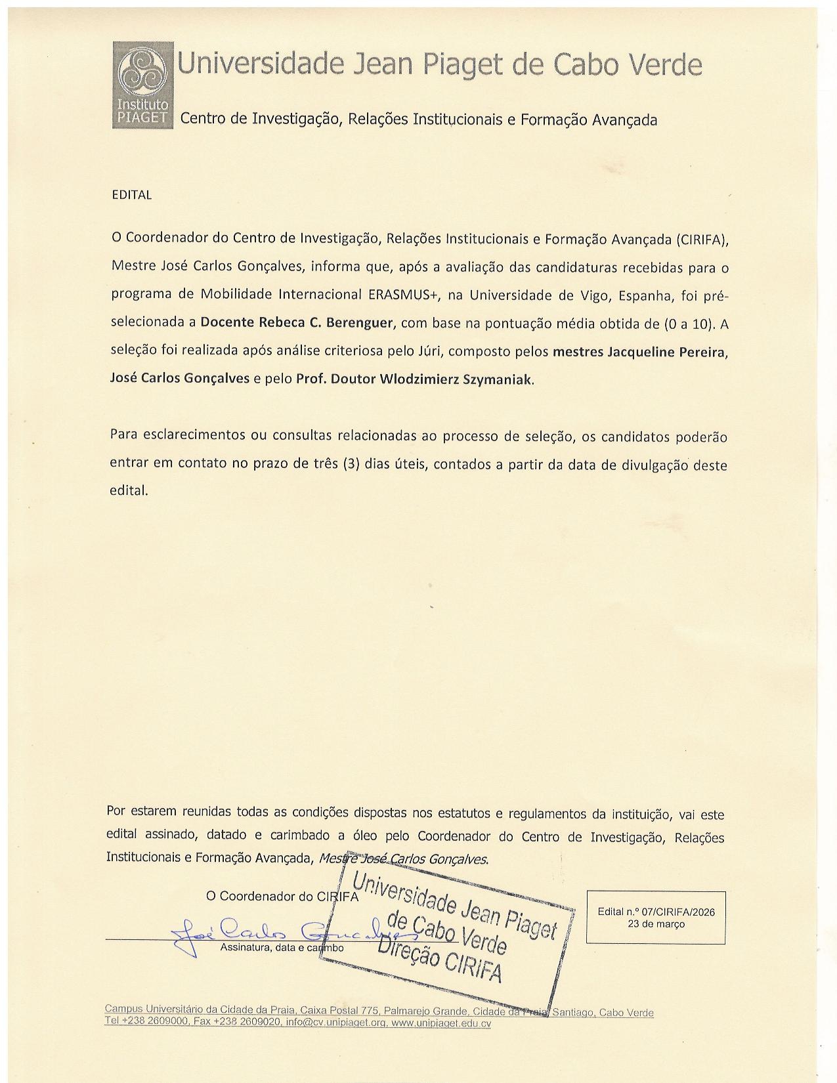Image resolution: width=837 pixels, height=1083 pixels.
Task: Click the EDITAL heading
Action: pos(132,195)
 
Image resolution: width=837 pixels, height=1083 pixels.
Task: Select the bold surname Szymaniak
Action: pos(499,379)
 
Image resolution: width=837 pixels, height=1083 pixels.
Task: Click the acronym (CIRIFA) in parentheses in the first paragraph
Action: pos(702,239)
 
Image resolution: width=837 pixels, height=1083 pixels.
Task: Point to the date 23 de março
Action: pos(656,924)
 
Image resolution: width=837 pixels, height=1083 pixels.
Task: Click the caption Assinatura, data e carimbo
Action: pos(282,948)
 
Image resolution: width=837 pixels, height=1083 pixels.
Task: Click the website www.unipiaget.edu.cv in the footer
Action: pos(442,1023)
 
